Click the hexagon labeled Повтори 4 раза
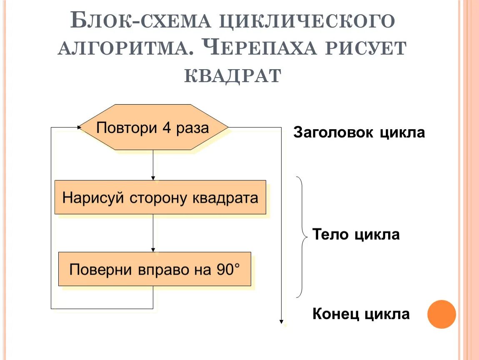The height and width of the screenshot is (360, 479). tap(153, 127)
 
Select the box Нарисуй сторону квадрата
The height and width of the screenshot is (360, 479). tap(160, 197)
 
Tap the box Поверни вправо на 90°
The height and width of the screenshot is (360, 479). tap(155, 269)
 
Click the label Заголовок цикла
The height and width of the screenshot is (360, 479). tap(359, 133)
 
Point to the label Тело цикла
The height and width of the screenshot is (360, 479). tap(356, 235)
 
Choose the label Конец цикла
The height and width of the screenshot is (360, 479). tap(361, 314)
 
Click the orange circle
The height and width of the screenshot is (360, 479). tap(442, 314)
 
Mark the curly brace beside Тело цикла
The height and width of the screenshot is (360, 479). tap(303, 237)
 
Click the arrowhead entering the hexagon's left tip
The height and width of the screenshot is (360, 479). tap(79, 127)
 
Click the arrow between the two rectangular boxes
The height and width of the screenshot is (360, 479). tap(153, 233)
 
